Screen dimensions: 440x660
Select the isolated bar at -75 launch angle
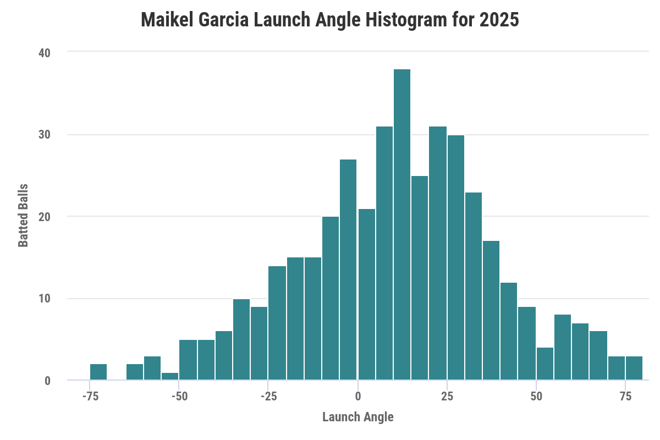tap(98, 372)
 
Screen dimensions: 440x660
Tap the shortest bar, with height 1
tap(170, 376)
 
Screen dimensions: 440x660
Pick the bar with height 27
tap(348, 269)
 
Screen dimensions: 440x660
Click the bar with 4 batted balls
tap(545, 364)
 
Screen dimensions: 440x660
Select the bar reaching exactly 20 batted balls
tap(331, 298)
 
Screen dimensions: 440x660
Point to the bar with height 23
tap(474, 286)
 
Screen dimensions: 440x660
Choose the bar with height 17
tap(491, 310)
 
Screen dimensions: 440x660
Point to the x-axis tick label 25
tap(447, 396)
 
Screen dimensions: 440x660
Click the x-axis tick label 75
tap(625, 396)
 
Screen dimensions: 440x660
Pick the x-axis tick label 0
tap(358, 396)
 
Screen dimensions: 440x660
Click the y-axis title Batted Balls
tap(24, 216)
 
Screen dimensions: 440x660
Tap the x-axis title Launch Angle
tap(358, 417)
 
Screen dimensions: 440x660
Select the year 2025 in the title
tap(498, 20)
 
